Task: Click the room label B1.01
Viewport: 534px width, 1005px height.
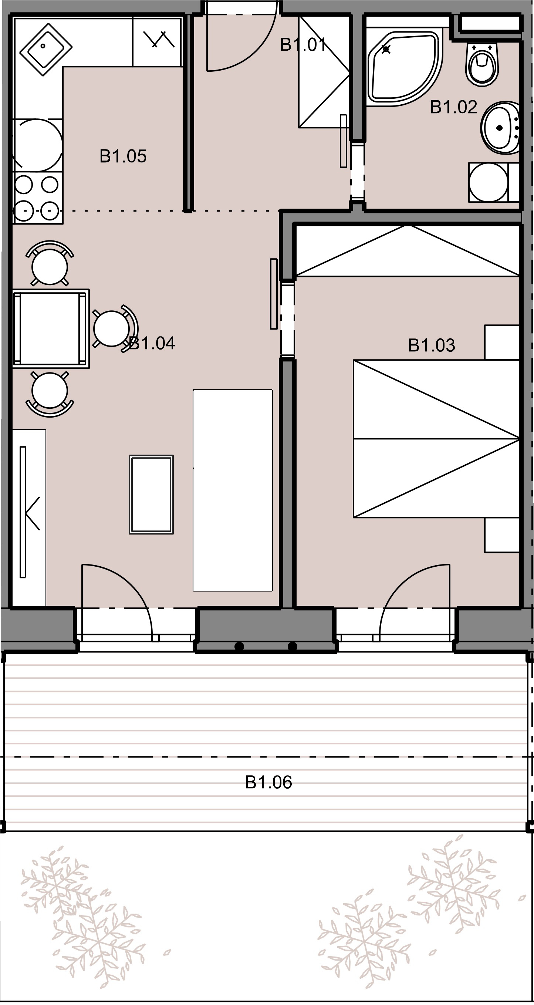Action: point(303,45)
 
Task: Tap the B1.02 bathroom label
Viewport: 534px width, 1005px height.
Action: point(453,107)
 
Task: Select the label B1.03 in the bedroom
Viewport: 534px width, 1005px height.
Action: point(432,345)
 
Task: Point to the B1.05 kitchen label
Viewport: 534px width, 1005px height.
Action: point(123,156)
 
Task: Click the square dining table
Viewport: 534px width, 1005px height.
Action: point(51,328)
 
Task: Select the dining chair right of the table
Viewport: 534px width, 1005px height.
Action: point(114,328)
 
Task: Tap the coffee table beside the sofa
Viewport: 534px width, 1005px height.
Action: point(151,494)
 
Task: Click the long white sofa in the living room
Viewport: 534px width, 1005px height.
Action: point(233,490)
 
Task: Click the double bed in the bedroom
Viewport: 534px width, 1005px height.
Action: point(436,439)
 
